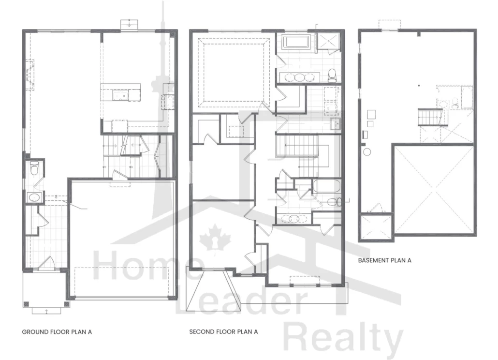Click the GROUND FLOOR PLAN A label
tap(57, 332)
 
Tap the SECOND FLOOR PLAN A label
tap(223, 332)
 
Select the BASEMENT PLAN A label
tap(384, 260)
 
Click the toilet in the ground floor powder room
tap(34, 167)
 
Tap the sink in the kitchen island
tap(120, 95)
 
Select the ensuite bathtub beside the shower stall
tap(296, 42)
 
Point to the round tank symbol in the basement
tap(367, 152)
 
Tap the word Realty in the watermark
tap(343, 341)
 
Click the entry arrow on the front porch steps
tap(46, 312)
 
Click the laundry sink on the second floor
tap(335, 123)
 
